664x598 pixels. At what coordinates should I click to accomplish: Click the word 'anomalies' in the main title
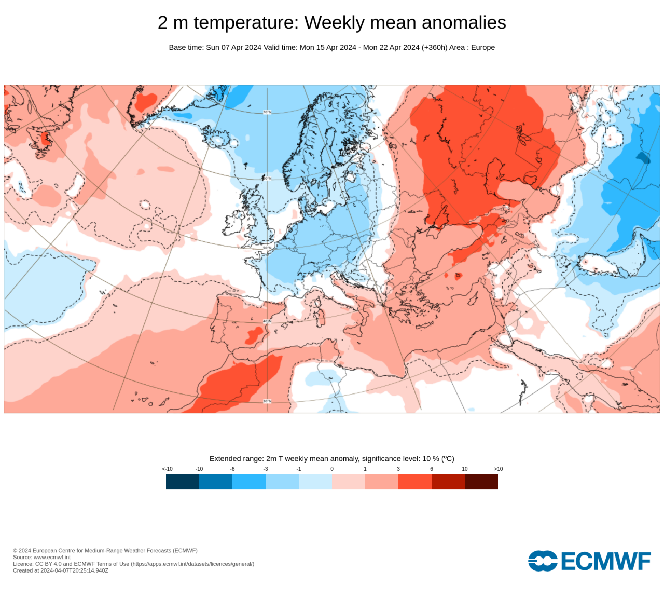(x=464, y=22)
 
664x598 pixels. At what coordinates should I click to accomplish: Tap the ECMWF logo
(x=589, y=561)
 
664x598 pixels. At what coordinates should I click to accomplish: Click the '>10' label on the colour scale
(x=498, y=469)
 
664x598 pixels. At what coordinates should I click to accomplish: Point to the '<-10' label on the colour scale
(x=167, y=469)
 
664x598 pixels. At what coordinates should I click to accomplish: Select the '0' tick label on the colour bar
(x=332, y=469)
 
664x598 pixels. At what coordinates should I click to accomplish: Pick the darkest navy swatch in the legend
(x=183, y=482)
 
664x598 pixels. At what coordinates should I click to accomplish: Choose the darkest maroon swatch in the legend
(x=481, y=482)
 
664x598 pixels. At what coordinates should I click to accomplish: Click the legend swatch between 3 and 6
(x=415, y=482)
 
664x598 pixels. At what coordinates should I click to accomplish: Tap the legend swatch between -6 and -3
(x=249, y=482)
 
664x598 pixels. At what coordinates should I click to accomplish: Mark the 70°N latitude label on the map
(x=267, y=112)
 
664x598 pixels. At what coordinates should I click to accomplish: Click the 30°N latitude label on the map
(x=267, y=401)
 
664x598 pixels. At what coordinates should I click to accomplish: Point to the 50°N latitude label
(x=267, y=248)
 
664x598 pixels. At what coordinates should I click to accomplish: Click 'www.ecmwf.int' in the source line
(x=52, y=557)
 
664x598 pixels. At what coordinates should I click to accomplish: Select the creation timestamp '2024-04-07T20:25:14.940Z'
(x=74, y=570)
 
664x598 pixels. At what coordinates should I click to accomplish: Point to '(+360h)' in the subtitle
(x=434, y=47)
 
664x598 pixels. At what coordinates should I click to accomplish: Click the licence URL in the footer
(x=192, y=564)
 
